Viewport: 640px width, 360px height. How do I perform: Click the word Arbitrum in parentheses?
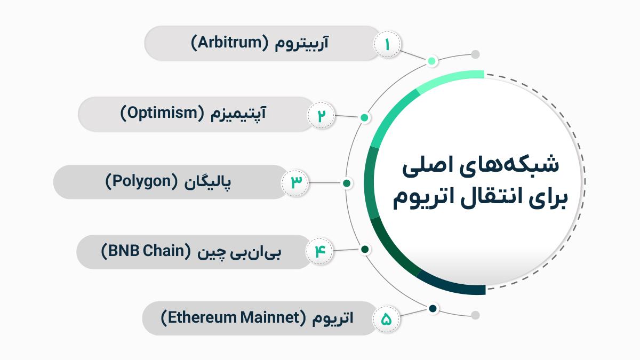230,43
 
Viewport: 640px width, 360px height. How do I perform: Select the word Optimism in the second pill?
163,113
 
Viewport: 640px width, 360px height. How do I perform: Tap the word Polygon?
142,182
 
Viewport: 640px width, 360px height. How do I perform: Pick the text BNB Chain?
146,251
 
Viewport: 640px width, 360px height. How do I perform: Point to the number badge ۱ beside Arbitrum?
387,44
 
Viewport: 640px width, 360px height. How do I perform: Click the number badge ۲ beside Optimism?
321,115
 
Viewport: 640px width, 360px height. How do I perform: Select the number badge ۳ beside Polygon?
295,182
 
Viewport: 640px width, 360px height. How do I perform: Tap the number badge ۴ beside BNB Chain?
319,251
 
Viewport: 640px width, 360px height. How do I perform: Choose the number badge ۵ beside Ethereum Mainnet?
386,319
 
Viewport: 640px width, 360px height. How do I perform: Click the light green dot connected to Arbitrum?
431,61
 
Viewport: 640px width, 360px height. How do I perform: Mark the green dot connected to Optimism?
364,117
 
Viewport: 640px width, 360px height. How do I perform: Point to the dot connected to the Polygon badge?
347,183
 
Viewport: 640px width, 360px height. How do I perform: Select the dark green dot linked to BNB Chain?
365,250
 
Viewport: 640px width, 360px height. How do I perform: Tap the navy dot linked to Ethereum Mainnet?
433,309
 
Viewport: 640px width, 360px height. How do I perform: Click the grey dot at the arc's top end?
475,54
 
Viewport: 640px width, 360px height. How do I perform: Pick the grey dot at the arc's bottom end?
475,315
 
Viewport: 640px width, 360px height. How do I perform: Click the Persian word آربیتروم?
302,43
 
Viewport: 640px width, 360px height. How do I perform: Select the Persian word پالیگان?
207,182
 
